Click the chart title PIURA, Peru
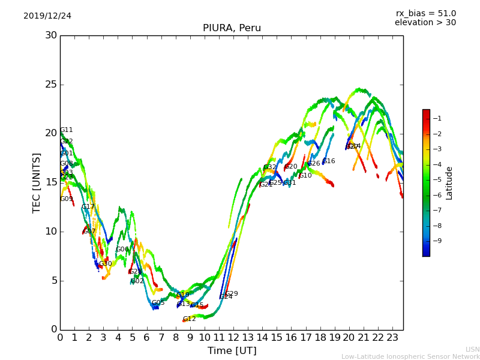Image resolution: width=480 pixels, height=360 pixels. click(x=232, y=28)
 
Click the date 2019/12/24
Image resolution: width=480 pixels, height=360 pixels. click(x=47, y=16)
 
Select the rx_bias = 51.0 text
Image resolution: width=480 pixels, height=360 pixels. click(x=425, y=14)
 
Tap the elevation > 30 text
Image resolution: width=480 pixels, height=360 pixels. click(x=425, y=23)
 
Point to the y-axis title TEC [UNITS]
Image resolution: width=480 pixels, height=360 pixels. click(x=37, y=182)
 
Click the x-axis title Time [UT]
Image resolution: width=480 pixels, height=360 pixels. click(x=232, y=351)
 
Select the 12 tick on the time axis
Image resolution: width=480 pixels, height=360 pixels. click(x=233, y=338)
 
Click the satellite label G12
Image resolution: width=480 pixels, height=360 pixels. click(x=190, y=319)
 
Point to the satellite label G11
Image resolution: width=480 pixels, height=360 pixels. click(x=66, y=130)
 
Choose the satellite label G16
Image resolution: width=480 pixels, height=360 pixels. click(x=329, y=161)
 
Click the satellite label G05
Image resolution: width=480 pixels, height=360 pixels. click(x=158, y=303)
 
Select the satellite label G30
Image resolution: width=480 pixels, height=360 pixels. click(x=106, y=264)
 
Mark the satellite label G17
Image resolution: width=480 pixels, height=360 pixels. click(x=88, y=207)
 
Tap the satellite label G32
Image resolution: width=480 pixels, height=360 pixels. click(x=270, y=167)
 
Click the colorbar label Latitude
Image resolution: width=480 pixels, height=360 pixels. click(x=449, y=182)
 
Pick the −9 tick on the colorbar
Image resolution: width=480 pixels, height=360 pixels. click(x=437, y=241)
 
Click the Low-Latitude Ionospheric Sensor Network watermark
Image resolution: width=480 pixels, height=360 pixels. click(x=410, y=357)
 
